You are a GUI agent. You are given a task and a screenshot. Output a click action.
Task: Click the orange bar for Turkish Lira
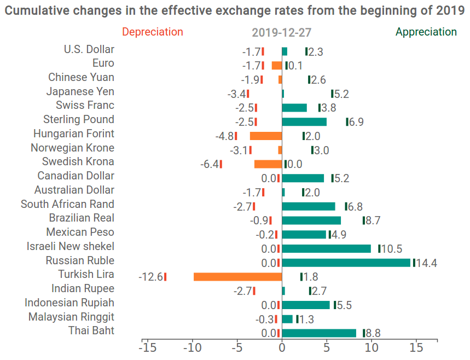(x=237, y=277)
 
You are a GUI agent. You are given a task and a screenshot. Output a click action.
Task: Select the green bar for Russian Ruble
(x=346, y=263)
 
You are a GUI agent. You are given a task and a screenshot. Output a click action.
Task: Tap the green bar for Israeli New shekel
(x=326, y=248)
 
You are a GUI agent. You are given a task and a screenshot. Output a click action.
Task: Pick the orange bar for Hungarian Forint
(x=266, y=136)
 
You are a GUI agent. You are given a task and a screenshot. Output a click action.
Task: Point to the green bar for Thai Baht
(x=319, y=333)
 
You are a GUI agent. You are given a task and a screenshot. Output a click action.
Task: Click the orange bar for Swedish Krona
(x=268, y=164)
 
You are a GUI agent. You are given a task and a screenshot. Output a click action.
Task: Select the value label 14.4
(x=427, y=263)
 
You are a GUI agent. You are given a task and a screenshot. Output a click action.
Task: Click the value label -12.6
(x=150, y=277)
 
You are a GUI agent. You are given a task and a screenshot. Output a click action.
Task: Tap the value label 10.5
(x=392, y=249)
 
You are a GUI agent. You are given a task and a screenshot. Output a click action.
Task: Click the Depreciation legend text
(x=153, y=32)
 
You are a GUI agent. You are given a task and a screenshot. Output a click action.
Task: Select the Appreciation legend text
(x=426, y=32)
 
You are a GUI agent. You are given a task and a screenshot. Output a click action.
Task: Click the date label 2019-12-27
(x=281, y=33)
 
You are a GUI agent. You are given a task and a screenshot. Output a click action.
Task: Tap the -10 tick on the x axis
(x=192, y=347)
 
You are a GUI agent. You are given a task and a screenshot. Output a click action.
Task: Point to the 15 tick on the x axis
(x=416, y=347)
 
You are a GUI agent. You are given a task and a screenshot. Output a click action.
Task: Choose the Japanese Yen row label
(x=80, y=91)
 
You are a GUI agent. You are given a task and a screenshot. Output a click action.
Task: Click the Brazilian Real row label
(x=82, y=218)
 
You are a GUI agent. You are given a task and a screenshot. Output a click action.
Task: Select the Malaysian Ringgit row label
(x=71, y=317)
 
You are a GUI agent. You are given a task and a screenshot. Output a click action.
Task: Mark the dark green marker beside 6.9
(x=347, y=121)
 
